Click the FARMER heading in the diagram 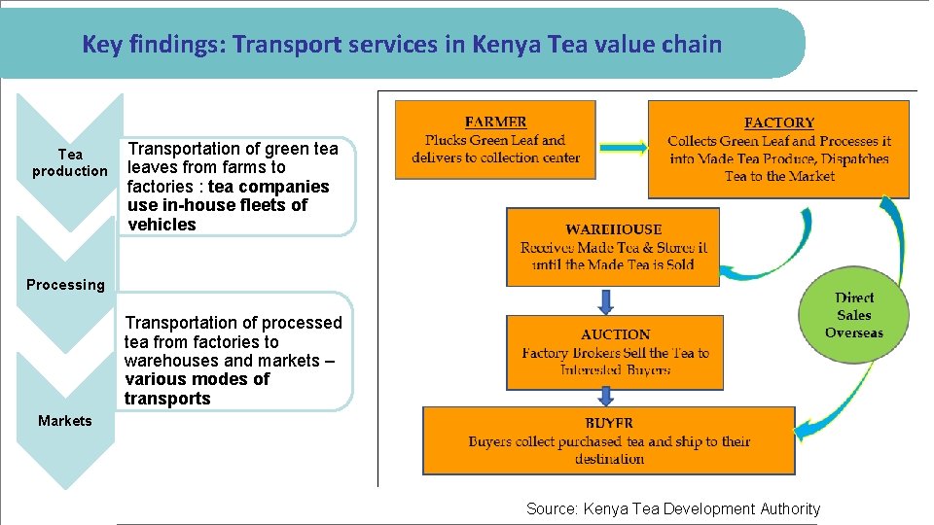tap(495, 122)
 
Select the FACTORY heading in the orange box tap(778, 123)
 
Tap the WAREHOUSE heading tap(613, 229)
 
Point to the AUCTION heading tap(615, 334)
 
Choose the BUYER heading tap(609, 424)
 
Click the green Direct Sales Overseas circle tap(854, 315)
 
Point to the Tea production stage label tap(70, 162)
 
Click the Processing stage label tap(65, 285)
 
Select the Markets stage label tap(65, 421)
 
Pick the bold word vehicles tap(162, 225)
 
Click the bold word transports tap(167, 399)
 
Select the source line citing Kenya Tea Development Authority tap(673, 508)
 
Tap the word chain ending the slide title tap(693, 44)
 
